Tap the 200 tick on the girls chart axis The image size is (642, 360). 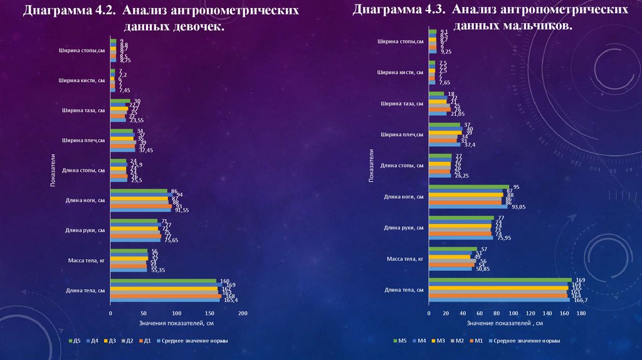coord(243,312)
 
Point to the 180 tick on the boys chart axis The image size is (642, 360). coord(581,313)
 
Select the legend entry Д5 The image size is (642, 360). coord(73,341)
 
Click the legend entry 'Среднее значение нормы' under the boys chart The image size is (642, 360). coord(526,341)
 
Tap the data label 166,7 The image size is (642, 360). coord(578,301)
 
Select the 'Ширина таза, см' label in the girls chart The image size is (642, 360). coord(83,110)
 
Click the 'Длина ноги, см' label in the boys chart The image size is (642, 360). coord(403,196)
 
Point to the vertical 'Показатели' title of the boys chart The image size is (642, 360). coord(371,166)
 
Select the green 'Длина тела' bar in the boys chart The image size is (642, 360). coord(500,280)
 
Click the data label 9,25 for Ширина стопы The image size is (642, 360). coord(446,51)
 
